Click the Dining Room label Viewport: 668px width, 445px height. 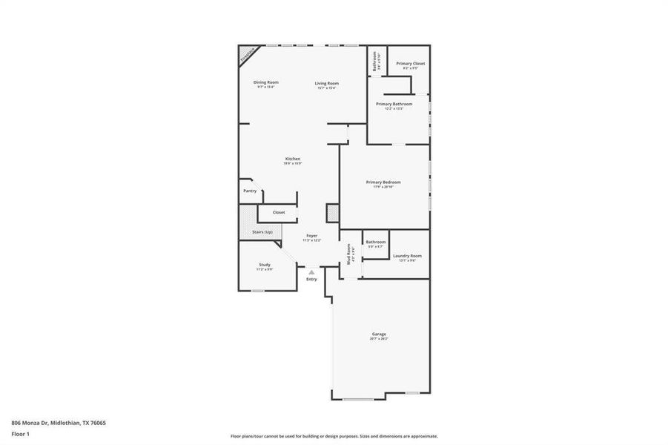tap(266, 82)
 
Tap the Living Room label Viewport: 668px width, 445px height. tap(326, 83)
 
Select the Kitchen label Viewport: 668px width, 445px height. tap(293, 159)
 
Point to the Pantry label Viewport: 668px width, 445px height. tap(250, 191)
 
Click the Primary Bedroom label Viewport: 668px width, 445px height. tap(383, 182)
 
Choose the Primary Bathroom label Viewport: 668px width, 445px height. tap(394, 104)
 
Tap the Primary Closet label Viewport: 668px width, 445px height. tap(410, 64)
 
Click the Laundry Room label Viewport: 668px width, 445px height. tap(407, 257)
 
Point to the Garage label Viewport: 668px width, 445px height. tap(379, 334)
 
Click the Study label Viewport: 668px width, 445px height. tap(265, 265)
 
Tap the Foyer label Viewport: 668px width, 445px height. tap(312, 236)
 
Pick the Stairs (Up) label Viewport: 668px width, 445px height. tap(262, 232)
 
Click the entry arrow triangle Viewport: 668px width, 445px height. tap(311, 272)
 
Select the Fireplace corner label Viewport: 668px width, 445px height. tap(247, 54)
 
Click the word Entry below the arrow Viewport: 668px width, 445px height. tap(311, 279)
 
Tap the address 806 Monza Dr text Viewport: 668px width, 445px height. tap(59, 423)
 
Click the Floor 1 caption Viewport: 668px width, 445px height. tap(20, 434)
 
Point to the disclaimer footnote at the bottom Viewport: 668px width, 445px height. tap(334, 437)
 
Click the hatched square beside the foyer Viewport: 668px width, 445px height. tap(333, 214)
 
